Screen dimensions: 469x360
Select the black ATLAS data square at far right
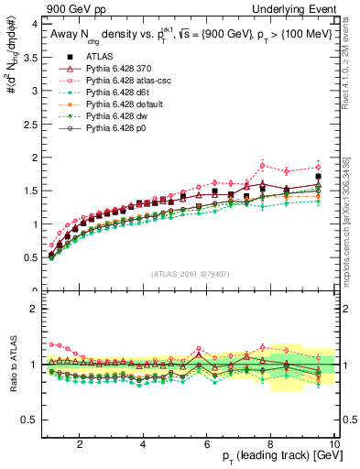coord(318,176)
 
